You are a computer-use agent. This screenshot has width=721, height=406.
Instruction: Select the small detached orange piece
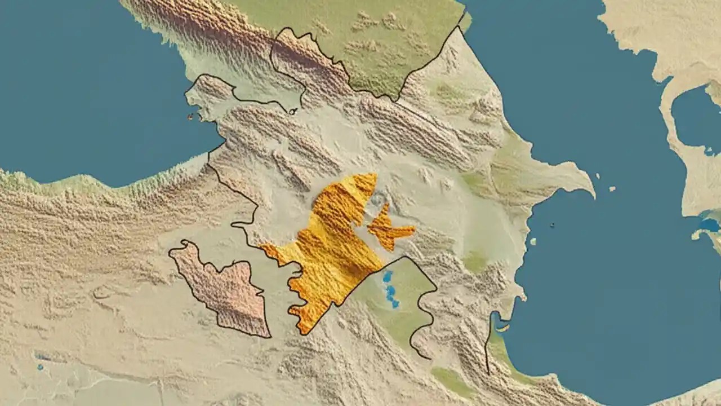tap(389, 228)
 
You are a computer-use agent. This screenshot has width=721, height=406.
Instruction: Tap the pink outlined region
tap(225, 288)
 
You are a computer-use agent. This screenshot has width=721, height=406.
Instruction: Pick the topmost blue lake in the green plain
tap(388, 276)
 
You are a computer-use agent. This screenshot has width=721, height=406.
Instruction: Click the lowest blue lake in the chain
tap(395, 303)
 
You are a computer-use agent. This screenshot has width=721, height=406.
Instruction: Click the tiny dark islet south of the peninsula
tap(552, 225)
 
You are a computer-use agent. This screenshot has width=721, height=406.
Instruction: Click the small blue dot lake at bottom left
tap(40, 367)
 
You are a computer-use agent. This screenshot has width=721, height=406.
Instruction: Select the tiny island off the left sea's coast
tap(190, 117)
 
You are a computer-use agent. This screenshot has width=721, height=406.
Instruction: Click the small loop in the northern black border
tap(293, 111)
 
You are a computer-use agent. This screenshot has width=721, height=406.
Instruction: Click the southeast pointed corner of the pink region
tap(269, 336)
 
